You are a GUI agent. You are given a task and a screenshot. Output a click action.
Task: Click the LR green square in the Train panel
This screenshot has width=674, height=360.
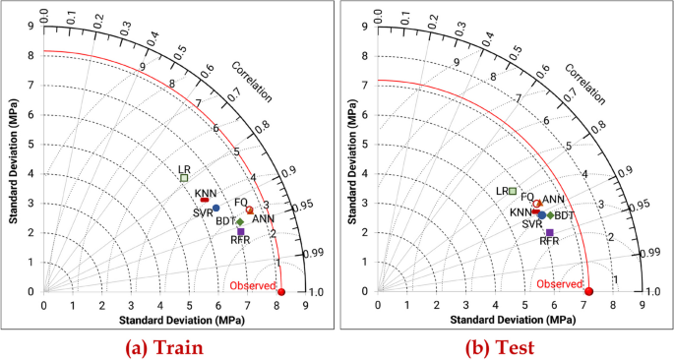click(184, 178)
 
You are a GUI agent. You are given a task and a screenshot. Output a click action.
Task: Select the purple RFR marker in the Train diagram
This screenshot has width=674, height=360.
click(240, 231)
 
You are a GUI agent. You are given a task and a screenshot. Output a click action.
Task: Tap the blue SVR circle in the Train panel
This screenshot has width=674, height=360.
click(215, 208)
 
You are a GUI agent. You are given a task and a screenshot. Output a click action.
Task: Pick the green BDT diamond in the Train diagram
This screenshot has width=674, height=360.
click(239, 221)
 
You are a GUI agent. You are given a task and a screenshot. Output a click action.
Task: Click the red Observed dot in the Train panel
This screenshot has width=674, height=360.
click(281, 291)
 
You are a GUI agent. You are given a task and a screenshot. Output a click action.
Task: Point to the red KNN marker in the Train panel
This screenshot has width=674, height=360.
click(205, 201)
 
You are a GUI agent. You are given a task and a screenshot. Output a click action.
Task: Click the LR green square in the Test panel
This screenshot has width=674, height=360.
click(513, 190)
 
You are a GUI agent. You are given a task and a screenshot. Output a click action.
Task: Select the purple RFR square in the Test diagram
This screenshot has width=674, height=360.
click(550, 232)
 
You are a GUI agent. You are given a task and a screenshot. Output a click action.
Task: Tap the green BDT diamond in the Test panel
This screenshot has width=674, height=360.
click(550, 214)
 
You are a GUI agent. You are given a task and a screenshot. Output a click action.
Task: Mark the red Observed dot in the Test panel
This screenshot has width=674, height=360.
click(588, 291)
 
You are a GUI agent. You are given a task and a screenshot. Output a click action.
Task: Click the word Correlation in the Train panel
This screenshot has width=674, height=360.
click(254, 84)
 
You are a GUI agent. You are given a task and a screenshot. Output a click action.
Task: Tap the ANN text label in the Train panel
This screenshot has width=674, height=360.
click(263, 218)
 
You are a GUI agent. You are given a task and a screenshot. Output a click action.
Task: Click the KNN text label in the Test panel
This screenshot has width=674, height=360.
click(521, 212)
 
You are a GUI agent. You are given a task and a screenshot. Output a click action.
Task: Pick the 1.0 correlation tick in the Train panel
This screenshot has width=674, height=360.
click(317, 292)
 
